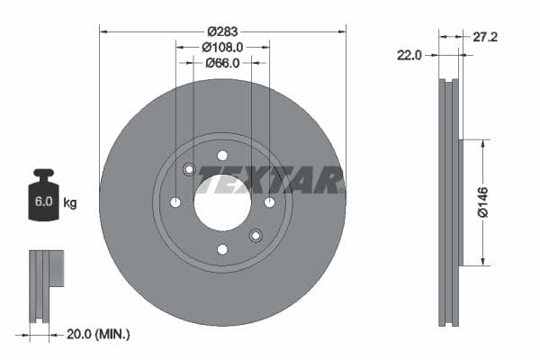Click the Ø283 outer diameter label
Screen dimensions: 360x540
(x=222, y=30)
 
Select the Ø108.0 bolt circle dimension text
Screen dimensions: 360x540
(x=222, y=47)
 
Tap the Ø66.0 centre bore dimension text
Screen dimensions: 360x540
(x=222, y=63)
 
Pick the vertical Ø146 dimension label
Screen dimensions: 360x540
(x=482, y=202)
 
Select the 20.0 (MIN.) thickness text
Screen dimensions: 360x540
(x=99, y=334)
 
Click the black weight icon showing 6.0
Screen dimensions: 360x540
(x=43, y=190)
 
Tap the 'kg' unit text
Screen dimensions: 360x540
(x=70, y=202)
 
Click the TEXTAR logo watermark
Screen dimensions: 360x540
(x=270, y=180)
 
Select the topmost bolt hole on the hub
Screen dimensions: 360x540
(x=222, y=155)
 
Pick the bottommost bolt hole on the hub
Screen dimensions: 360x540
(x=222, y=249)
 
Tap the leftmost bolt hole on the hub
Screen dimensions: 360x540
(x=175, y=202)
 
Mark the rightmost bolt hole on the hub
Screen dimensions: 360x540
(x=269, y=202)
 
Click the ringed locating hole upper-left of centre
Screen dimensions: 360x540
(x=189, y=169)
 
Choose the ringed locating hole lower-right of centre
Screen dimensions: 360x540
(x=256, y=236)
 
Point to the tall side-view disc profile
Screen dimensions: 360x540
(x=449, y=202)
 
